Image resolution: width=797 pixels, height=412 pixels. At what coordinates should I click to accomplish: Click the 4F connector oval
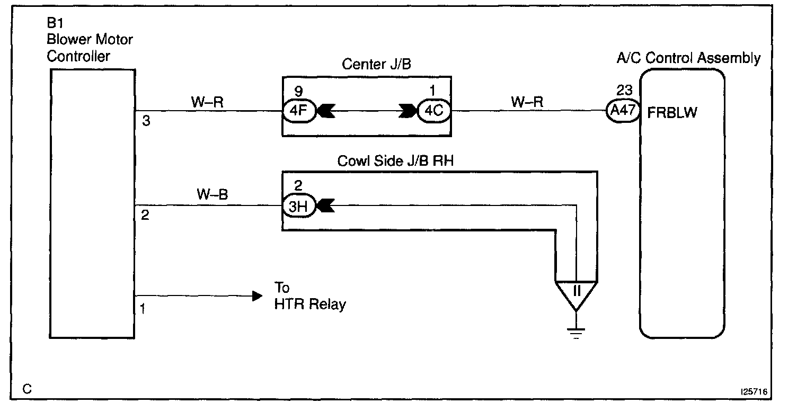pyautogui.click(x=299, y=112)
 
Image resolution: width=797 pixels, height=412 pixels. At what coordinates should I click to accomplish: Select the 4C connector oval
pyautogui.click(x=433, y=112)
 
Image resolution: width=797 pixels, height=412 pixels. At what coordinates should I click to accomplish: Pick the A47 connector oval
pyautogui.click(x=622, y=112)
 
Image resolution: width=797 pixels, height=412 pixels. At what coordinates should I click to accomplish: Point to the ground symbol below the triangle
pyautogui.click(x=575, y=332)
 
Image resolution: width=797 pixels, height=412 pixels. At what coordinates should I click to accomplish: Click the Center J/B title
pyautogui.click(x=376, y=65)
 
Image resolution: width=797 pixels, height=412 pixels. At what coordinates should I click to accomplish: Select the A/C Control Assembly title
pyautogui.click(x=688, y=58)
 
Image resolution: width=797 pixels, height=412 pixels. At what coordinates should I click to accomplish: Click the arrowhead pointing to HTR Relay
pyautogui.click(x=257, y=295)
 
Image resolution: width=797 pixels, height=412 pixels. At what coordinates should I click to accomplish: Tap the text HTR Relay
pyautogui.click(x=310, y=304)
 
